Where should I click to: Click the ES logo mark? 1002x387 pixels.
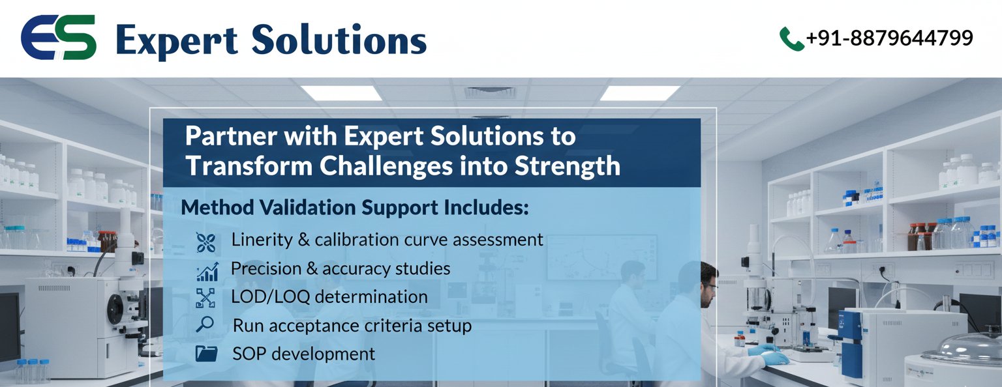[59, 38]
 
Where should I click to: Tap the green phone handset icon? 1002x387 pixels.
[791, 38]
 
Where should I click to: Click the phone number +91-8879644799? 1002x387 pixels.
[889, 38]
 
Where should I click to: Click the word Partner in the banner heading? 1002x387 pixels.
[225, 137]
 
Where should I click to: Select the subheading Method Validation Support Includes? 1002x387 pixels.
[355, 208]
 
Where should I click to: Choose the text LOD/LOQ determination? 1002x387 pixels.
[329, 297]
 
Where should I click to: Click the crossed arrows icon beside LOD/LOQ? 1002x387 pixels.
[205, 298]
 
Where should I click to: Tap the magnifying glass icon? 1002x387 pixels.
[205, 324]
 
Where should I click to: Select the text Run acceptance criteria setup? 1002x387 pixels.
[352, 325]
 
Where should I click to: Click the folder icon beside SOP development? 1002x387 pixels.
[206, 354]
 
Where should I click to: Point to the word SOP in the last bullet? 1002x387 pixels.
[249, 354]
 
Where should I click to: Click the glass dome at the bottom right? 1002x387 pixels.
[962, 349]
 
